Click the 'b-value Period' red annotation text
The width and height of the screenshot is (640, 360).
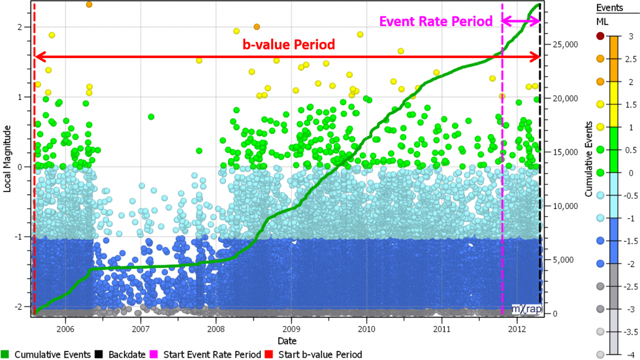click(x=289, y=45)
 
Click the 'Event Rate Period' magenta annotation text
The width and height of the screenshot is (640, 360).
click(x=436, y=22)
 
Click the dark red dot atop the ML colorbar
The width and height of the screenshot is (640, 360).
click(x=601, y=35)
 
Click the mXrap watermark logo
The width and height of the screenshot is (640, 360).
click(x=526, y=308)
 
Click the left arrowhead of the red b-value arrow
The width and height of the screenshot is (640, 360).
click(x=38, y=57)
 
